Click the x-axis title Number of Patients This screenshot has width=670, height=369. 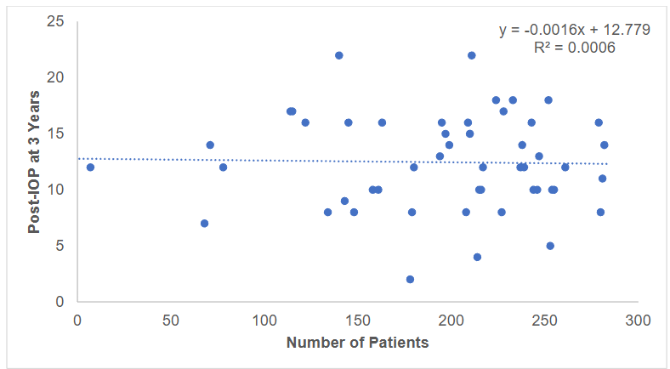click(x=357, y=343)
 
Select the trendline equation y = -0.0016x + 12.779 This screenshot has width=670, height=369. click(x=575, y=30)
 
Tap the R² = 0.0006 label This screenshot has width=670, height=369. click(x=574, y=48)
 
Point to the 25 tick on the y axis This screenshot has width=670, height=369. click(x=56, y=21)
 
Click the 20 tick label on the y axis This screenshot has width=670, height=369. click(x=56, y=77)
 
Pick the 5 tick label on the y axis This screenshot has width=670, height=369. click(x=60, y=246)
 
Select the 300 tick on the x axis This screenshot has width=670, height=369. click(x=638, y=321)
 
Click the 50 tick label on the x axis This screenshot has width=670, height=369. click(x=171, y=321)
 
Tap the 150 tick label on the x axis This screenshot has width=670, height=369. click(x=358, y=321)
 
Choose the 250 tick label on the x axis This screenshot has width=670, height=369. click(x=544, y=321)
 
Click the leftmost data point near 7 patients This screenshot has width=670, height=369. click(x=90, y=167)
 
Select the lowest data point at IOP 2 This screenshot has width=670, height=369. click(x=410, y=279)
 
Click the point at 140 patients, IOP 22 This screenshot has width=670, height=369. click(x=338, y=55)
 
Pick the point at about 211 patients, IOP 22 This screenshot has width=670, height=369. click(x=471, y=55)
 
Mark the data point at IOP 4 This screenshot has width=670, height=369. click(x=477, y=257)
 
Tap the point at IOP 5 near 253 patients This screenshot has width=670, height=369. click(x=550, y=246)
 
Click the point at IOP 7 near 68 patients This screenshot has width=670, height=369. click(x=204, y=224)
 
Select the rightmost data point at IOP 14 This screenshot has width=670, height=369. click(x=604, y=145)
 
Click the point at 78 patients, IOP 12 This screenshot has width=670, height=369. click(x=223, y=167)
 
